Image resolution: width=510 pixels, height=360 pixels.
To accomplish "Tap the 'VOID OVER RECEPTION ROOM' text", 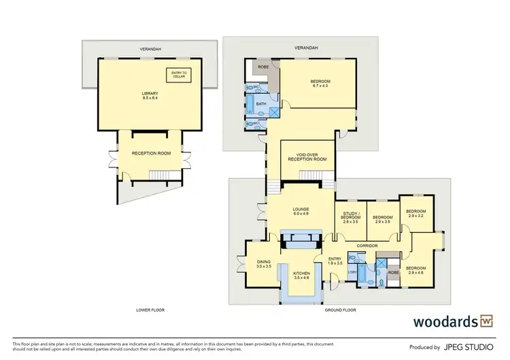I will [303, 157].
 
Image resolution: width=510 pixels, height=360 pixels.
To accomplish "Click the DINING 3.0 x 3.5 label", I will [264, 265].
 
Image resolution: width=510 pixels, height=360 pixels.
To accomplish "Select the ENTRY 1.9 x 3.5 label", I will [335, 261].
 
